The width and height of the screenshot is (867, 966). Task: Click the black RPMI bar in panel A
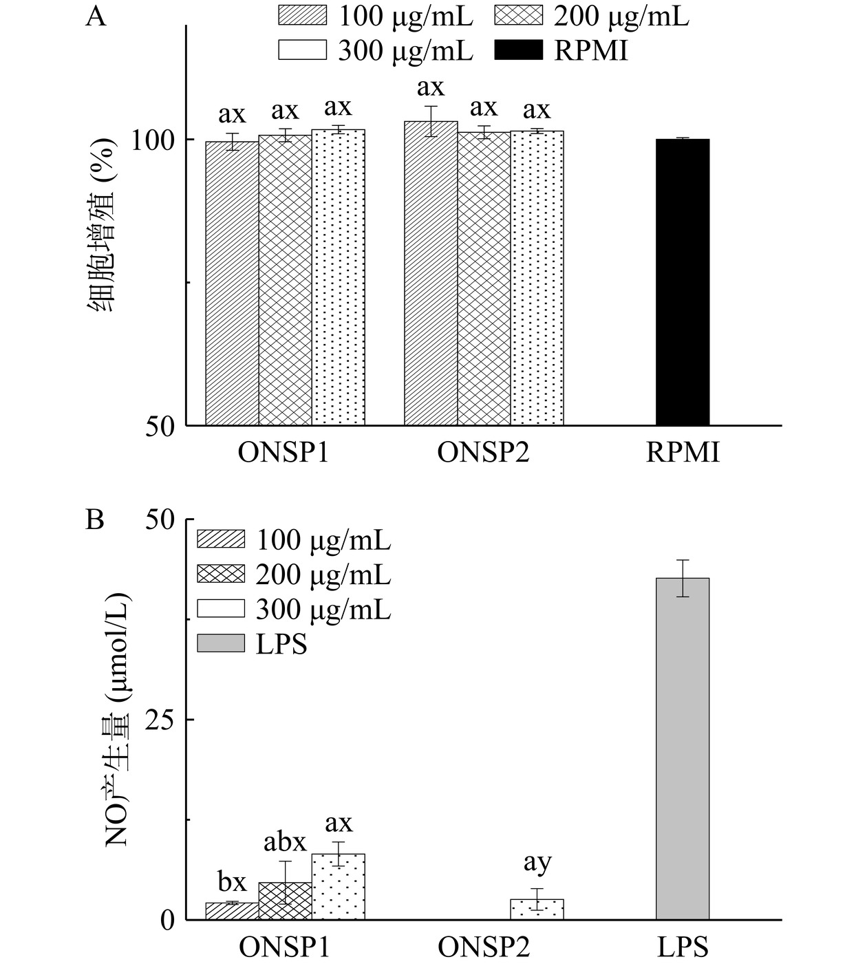(x=682, y=282)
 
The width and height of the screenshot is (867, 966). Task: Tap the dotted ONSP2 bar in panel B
(x=537, y=910)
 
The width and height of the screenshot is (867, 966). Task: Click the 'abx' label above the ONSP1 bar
(x=285, y=842)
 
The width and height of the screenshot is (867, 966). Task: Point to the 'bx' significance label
(x=232, y=881)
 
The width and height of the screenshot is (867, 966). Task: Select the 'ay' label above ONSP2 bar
(x=537, y=862)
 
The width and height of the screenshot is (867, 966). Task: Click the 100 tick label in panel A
(x=155, y=140)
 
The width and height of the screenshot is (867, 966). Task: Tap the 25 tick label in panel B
(x=160, y=720)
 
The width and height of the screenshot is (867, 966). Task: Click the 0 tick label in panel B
(x=168, y=920)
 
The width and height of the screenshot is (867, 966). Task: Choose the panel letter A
(x=96, y=16)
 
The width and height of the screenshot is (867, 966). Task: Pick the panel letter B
(x=95, y=519)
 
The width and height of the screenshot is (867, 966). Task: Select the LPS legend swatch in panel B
(x=220, y=643)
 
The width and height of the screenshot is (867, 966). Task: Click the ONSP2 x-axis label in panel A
(x=484, y=453)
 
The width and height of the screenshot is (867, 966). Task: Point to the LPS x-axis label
(x=682, y=948)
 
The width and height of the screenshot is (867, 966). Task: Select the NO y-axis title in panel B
(x=118, y=719)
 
